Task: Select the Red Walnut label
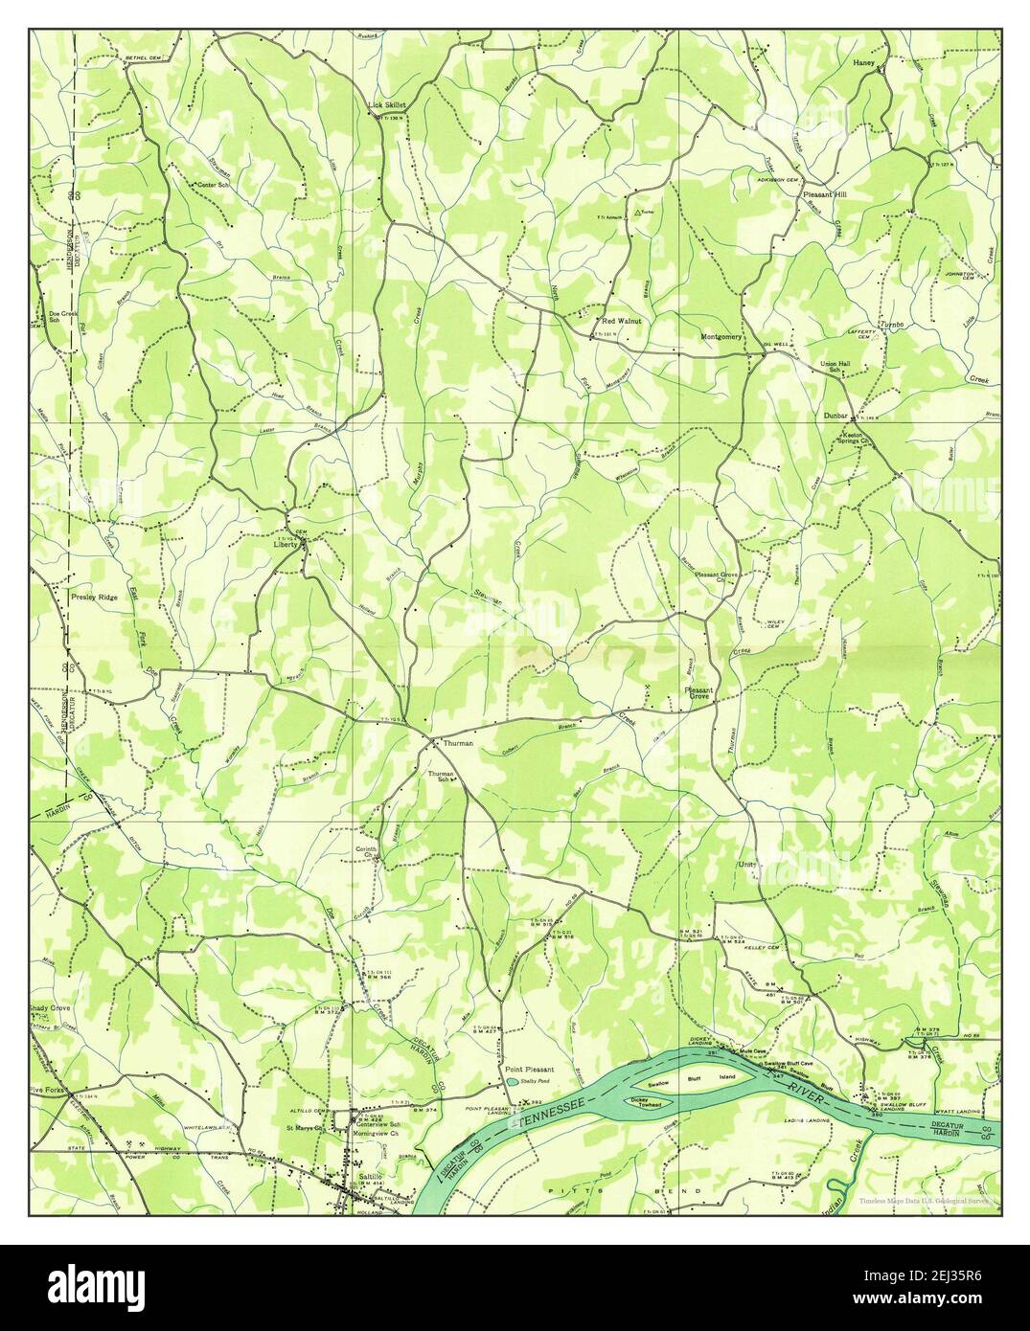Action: click(621, 321)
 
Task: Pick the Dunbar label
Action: click(836, 416)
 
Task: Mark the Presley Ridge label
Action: click(94, 597)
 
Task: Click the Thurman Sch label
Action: click(439, 776)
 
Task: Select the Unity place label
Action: click(746, 864)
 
